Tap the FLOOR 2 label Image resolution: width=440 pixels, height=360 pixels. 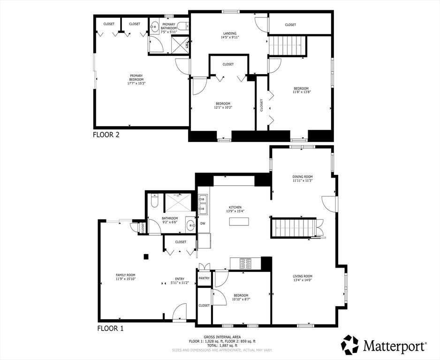point(106,135)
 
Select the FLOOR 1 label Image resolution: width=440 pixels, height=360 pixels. point(110,328)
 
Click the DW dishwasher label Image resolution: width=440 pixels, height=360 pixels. point(203,224)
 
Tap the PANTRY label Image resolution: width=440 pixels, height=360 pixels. point(204,278)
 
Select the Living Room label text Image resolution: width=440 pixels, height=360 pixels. point(303,276)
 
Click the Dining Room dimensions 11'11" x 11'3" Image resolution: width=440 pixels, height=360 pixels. point(303,180)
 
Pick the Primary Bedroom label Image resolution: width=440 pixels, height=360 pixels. point(137,78)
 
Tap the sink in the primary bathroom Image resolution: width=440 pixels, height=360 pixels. point(154,28)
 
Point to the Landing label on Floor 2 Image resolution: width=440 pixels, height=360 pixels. point(230,33)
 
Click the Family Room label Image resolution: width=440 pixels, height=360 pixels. point(126,275)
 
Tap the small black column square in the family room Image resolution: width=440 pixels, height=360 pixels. point(146,256)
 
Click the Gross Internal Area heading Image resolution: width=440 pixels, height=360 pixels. point(222,337)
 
